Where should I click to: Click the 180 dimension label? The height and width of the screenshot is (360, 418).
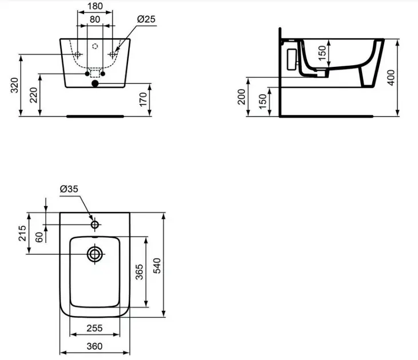95,6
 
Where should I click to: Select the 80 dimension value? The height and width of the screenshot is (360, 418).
95,19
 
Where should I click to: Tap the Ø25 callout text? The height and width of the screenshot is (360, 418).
146,19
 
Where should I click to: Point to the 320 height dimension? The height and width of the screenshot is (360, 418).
14,85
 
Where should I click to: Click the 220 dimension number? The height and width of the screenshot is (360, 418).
34,95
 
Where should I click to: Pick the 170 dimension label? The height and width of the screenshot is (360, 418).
143,99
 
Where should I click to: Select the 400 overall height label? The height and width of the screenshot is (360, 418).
391,78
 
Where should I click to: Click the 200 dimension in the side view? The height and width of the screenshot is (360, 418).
241,97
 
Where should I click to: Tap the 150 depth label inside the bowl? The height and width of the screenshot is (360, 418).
322,53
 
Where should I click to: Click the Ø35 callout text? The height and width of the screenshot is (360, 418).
69,189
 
